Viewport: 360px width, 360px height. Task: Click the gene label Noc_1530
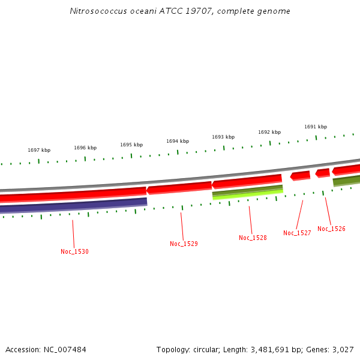(x=74, y=251)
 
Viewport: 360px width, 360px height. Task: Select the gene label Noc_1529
(x=184, y=244)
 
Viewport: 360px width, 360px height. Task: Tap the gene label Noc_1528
(x=253, y=238)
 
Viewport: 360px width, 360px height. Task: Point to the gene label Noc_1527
(x=297, y=233)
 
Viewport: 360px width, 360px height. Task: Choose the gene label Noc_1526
(x=331, y=229)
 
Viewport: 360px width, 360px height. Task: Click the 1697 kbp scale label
(x=39, y=150)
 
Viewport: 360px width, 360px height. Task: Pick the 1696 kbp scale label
(x=85, y=148)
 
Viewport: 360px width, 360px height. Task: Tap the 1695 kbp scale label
(x=131, y=145)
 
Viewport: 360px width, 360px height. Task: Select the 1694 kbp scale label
(x=178, y=141)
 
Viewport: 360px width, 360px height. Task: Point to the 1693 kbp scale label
(x=223, y=137)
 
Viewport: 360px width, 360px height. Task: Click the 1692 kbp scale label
(x=269, y=132)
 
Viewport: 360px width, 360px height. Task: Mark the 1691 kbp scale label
(x=316, y=127)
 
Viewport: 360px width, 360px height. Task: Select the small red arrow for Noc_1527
(x=301, y=176)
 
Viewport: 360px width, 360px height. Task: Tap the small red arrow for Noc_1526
(x=323, y=173)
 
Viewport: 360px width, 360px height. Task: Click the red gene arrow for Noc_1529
(x=179, y=188)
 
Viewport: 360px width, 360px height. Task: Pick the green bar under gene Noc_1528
(x=247, y=192)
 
